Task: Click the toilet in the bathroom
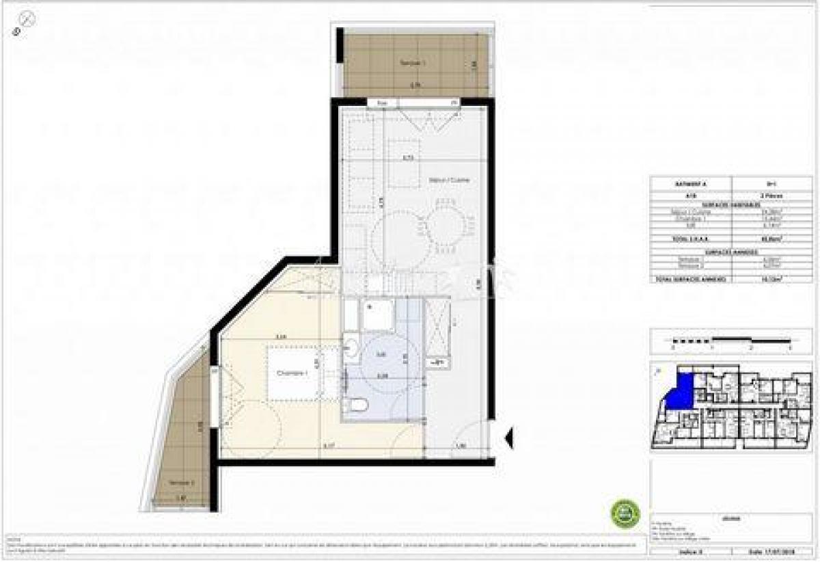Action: tap(357, 405)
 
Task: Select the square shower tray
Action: tap(377, 315)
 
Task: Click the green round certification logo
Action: tap(625, 513)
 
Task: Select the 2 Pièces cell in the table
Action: tap(774, 195)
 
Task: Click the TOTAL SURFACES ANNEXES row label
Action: tap(690, 279)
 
